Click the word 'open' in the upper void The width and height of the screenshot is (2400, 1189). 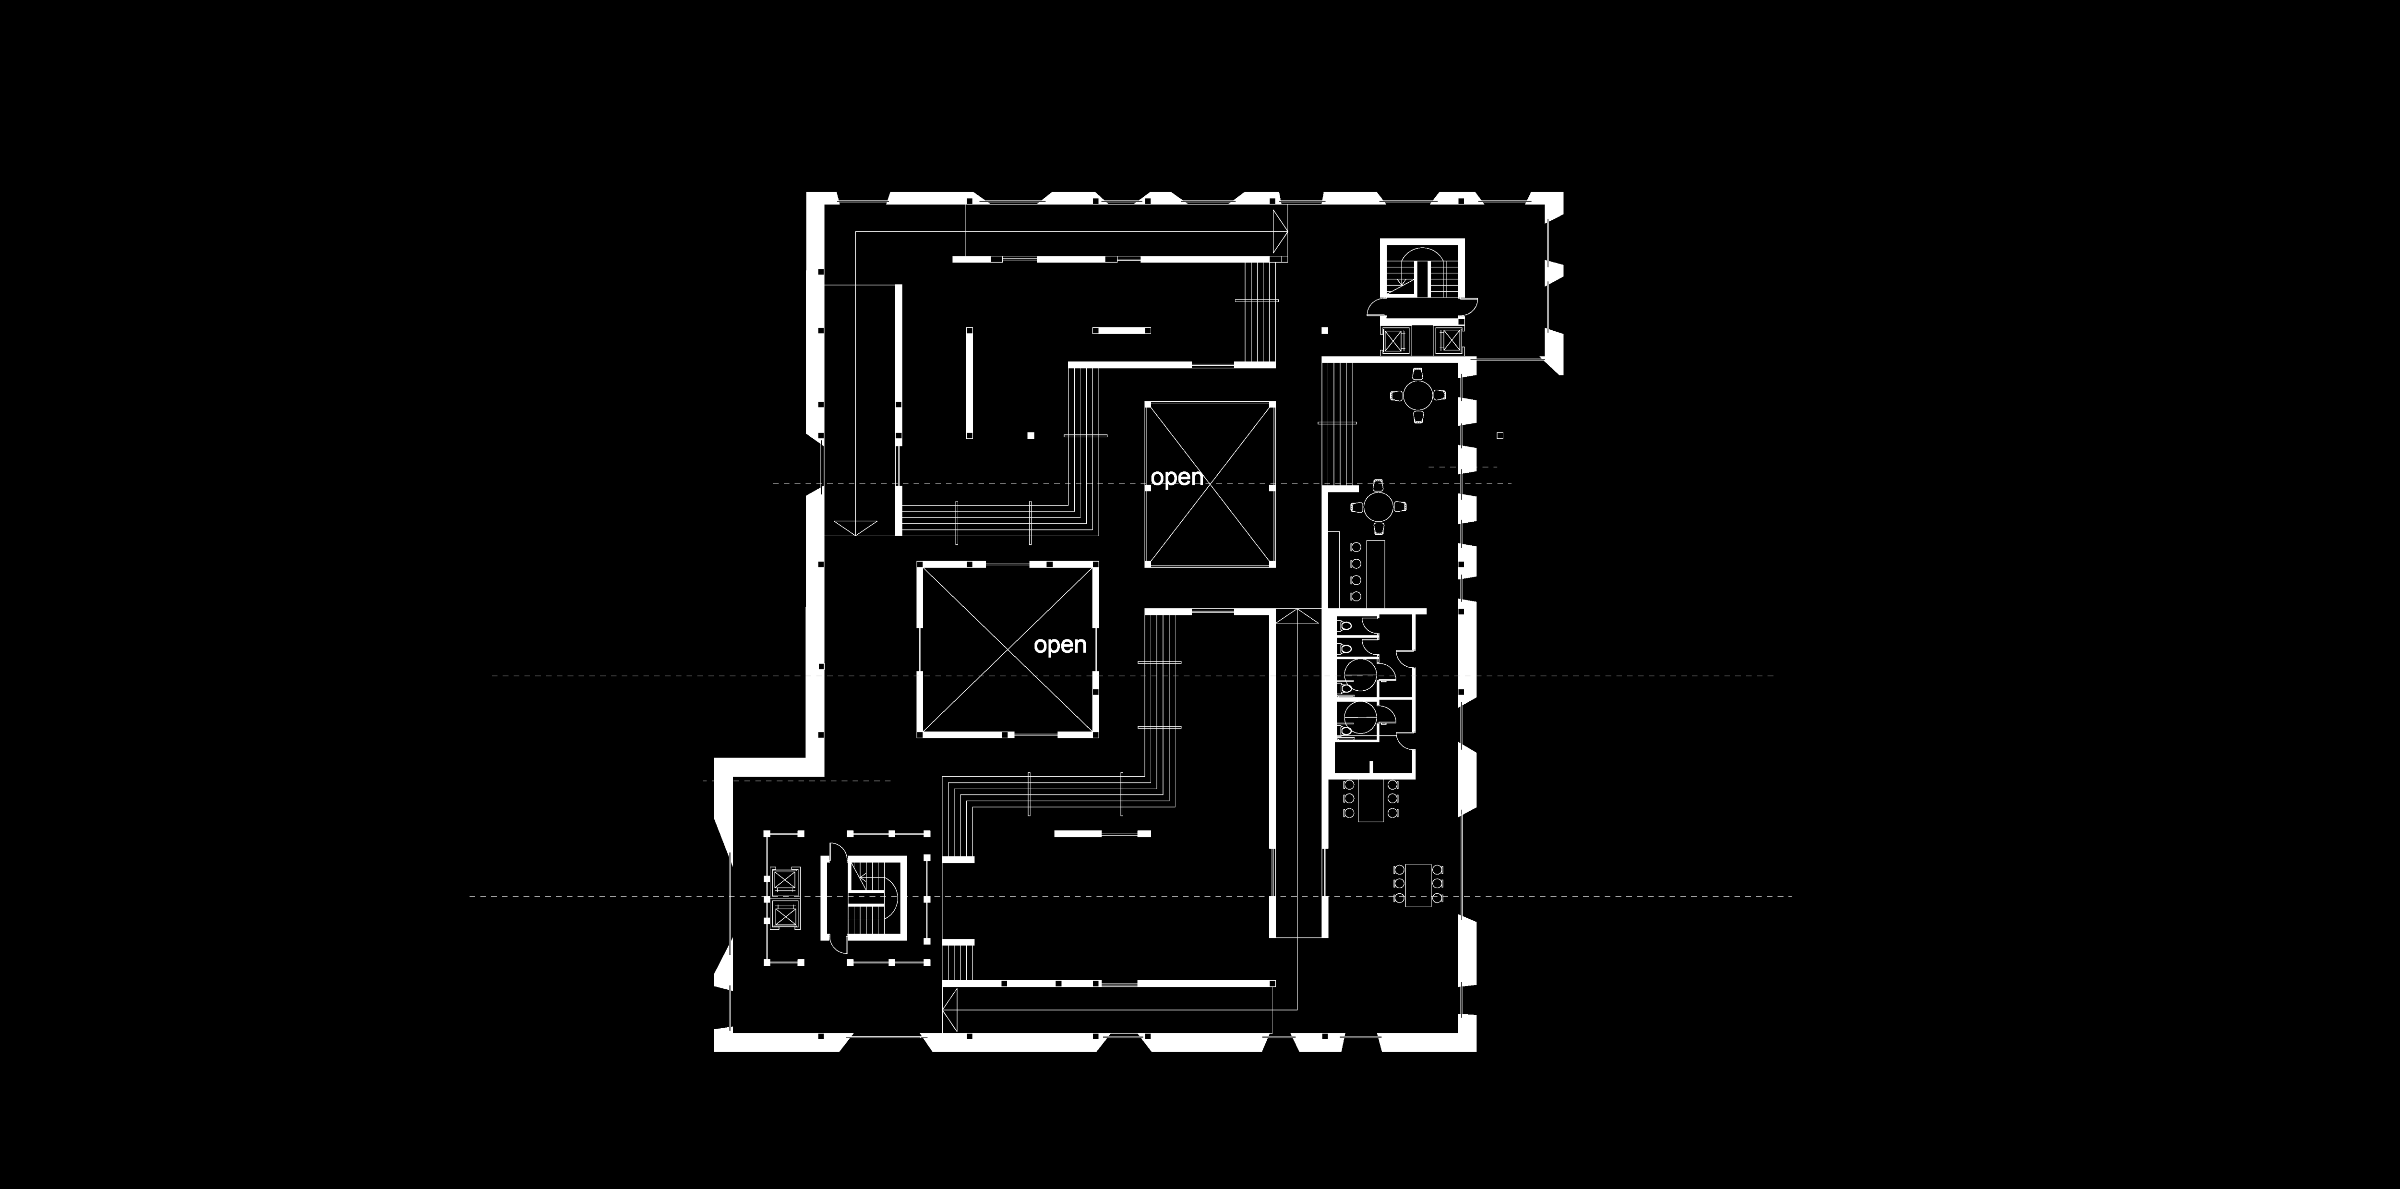coord(1177,478)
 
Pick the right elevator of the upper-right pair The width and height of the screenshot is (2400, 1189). coord(1449,342)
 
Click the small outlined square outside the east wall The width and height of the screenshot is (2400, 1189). coord(1500,435)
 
